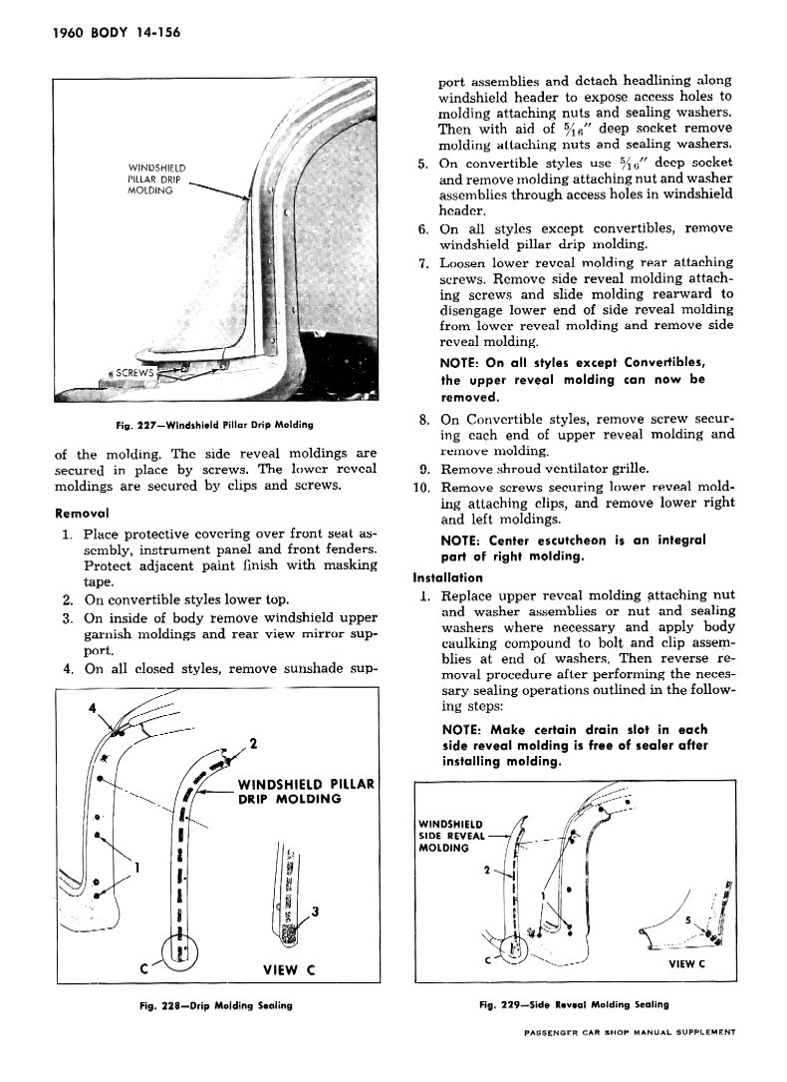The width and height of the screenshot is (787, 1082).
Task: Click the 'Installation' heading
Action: pyautogui.click(x=447, y=577)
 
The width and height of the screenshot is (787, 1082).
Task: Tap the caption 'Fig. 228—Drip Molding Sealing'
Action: pyautogui.click(x=215, y=1004)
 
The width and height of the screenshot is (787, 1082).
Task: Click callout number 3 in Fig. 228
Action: pyautogui.click(x=315, y=910)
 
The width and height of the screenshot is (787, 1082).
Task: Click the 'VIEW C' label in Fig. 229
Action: pyautogui.click(x=687, y=963)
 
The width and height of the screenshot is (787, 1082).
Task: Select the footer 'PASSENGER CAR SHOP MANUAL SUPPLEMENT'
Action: pyautogui.click(x=629, y=1032)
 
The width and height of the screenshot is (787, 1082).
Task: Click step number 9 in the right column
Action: pyautogui.click(x=422, y=468)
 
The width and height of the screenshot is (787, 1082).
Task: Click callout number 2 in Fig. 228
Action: pyautogui.click(x=254, y=743)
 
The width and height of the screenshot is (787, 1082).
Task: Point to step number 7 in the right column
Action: pyautogui.click(x=422, y=263)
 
